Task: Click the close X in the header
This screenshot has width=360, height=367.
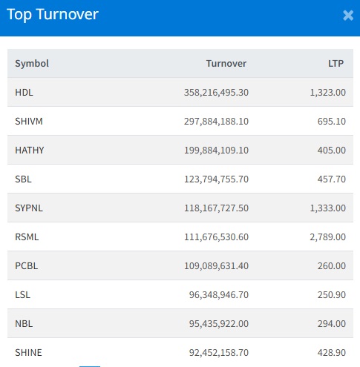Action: coord(348,16)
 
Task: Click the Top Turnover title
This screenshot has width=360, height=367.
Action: coord(53,15)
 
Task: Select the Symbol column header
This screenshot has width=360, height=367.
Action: coord(32,64)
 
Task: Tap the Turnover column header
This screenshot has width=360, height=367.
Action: coord(226,64)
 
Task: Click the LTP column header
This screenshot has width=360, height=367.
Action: coord(336,64)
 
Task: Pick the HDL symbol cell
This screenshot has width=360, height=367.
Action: coord(24,93)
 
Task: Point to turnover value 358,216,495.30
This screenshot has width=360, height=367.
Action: coord(216,93)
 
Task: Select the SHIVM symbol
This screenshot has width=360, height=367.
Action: coord(29,122)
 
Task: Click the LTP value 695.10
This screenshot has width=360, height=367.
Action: coord(332,122)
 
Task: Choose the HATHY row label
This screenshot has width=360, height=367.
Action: coord(30,151)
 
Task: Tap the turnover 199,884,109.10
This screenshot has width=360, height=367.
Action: coord(216,151)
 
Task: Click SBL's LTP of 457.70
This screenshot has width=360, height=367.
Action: coord(332,179)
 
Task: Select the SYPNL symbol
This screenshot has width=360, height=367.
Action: coord(29,208)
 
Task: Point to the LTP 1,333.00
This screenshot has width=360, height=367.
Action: coord(328,208)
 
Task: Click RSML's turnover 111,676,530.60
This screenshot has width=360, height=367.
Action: coord(216,237)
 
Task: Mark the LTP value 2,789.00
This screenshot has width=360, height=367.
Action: coord(328,237)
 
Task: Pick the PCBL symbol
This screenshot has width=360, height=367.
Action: coord(27,266)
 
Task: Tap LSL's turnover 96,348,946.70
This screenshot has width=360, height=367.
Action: coord(219,295)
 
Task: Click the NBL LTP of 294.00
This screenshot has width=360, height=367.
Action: coord(332,324)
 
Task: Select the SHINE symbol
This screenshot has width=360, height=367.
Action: coord(28,353)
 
